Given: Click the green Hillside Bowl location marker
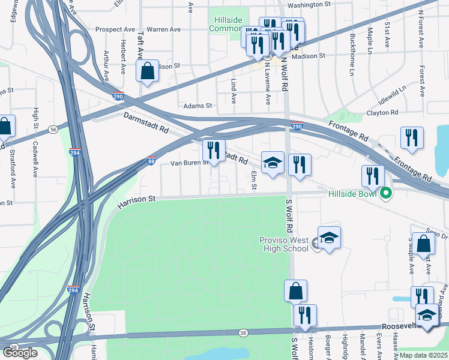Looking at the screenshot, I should click(x=387, y=194).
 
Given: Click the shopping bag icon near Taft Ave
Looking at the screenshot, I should click(x=147, y=71).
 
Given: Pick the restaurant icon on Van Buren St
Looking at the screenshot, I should click(x=214, y=151).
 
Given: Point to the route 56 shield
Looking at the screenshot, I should click(x=53, y=129).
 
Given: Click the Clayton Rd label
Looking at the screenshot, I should click(x=382, y=112).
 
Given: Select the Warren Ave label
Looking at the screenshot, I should click(x=163, y=29).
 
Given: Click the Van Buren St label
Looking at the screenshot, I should click(x=189, y=163).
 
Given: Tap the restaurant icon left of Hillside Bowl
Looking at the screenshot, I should click(x=372, y=176).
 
